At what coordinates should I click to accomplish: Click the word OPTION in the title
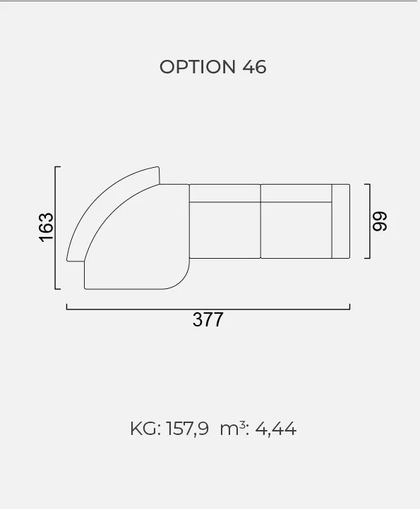(198, 67)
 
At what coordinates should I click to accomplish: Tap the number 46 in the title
(254, 67)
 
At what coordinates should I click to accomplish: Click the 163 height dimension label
(46, 227)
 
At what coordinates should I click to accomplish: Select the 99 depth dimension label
(380, 221)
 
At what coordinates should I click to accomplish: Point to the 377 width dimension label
(208, 319)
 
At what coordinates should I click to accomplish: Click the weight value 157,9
(188, 429)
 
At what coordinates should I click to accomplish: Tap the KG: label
(145, 429)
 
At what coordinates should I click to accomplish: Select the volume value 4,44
(276, 429)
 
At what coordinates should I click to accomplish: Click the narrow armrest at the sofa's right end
(341, 221)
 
